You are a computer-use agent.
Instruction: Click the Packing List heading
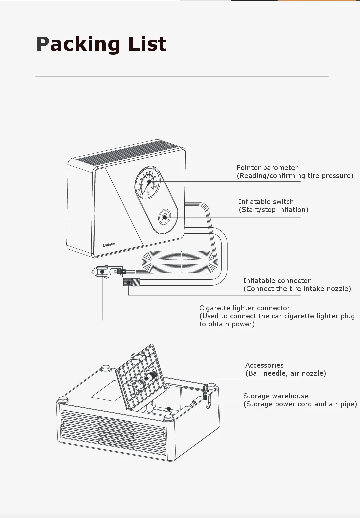[x=101, y=44]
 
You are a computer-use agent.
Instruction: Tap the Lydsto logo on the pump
[x=109, y=245]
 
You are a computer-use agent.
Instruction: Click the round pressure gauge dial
[x=148, y=183]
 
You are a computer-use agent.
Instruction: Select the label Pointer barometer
[x=267, y=168]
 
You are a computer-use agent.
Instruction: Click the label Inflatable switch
[x=266, y=202]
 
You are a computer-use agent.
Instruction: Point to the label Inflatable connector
[x=277, y=281]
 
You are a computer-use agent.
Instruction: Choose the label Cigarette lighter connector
[x=244, y=308]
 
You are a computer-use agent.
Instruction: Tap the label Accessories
[x=264, y=365]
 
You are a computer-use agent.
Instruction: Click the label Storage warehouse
[x=276, y=396]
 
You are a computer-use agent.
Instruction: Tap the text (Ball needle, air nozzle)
[x=286, y=373]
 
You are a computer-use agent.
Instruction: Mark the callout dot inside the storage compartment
[x=169, y=409]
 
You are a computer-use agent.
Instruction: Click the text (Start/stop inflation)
[x=273, y=210]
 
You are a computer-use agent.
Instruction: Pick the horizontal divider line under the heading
[x=182, y=76]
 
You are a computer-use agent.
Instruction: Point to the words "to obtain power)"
[x=227, y=324]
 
